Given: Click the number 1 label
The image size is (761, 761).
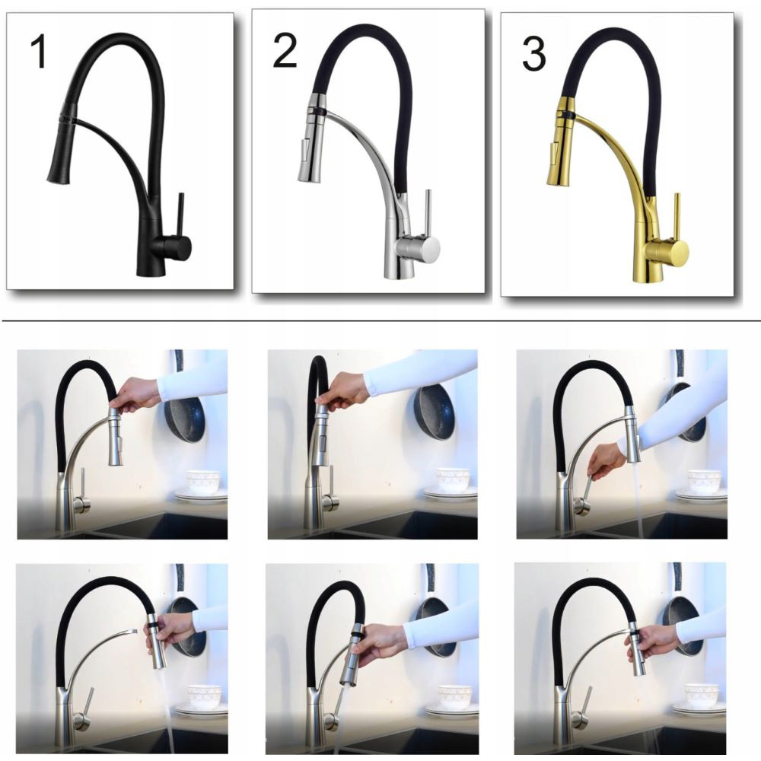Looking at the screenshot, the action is click(39, 52).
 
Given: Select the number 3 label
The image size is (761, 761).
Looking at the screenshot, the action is click(533, 54).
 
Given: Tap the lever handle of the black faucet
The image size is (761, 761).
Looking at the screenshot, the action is click(180, 214).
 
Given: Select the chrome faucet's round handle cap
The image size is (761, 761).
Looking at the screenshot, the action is click(429, 248).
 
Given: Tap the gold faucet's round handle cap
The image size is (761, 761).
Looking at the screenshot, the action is click(677, 251).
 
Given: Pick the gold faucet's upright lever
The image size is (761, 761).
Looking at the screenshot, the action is click(676, 215).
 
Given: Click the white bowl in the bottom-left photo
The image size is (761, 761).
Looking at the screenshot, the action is click(205, 696).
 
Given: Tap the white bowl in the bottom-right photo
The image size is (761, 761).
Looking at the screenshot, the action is click(702, 695).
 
